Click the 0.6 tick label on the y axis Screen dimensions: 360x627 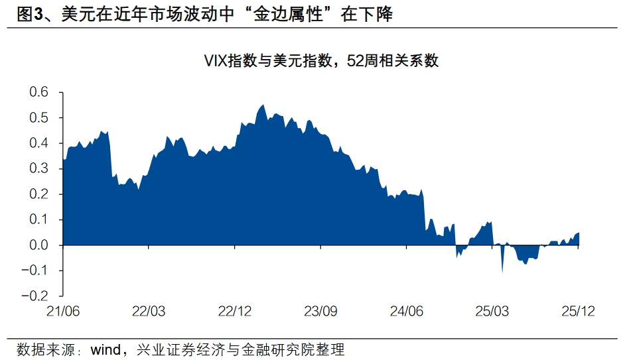coord(39,92)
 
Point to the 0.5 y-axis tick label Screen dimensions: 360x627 coord(39,118)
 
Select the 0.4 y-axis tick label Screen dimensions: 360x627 coord(39,143)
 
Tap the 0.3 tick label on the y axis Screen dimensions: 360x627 coord(39,169)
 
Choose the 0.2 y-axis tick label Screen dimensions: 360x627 coord(39,194)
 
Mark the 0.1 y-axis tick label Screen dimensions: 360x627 coord(39,219)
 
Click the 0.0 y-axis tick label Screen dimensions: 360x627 coord(39,245)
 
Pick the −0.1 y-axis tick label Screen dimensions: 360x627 coord(36,270)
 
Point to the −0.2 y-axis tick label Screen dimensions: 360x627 coord(36,296)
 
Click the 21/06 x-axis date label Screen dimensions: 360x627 coord(63,311)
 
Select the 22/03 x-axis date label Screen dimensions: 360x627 coord(149,311)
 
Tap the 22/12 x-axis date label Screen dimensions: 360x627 coord(234,311)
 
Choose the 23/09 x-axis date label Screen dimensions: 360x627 coord(320,311)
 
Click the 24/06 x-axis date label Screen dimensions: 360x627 coord(406,311)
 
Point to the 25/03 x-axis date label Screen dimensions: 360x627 coord(492,311)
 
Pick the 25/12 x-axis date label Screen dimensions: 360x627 coord(578,311)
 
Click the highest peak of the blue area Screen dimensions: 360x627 coord(263,105)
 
